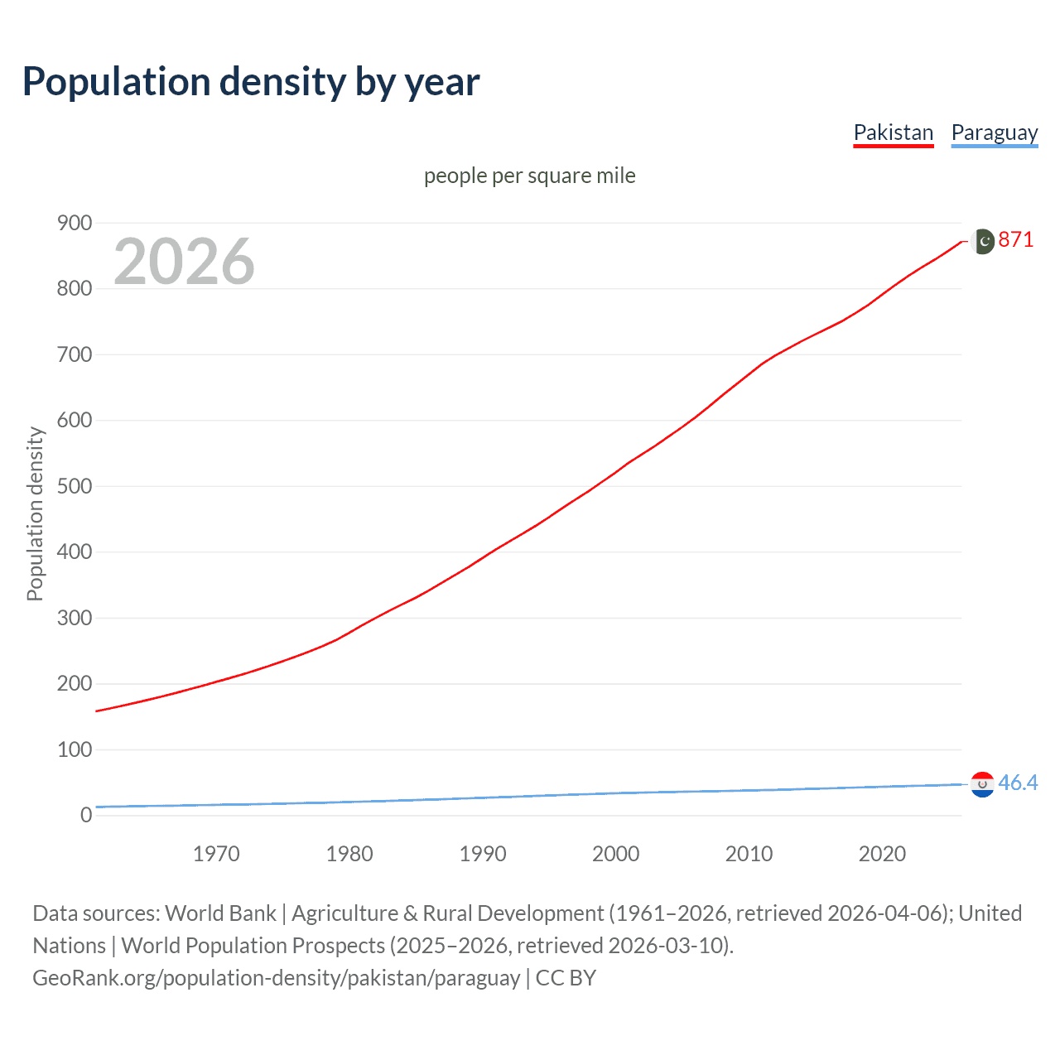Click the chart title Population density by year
(x=251, y=82)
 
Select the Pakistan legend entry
(x=893, y=132)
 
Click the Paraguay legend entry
(x=994, y=132)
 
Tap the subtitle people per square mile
(x=529, y=176)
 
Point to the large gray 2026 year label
(x=184, y=262)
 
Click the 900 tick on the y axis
(x=75, y=223)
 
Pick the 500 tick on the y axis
(x=75, y=486)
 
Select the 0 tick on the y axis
(x=86, y=815)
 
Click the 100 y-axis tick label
(x=75, y=749)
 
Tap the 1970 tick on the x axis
(x=216, y=854)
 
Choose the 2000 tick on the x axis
(x=615, y=854)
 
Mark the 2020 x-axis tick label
(x=882, y=854)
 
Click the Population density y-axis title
(x=35, y=513)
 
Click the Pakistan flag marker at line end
(x=982, y=241)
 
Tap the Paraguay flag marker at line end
(x=982, y=784)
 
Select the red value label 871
(x=1016, y=240)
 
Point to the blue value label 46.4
(x=1018, y=783)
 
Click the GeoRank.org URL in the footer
(x=276, y=978)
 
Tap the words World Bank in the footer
(x=220, y=913)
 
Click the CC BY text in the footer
(x=566, y=978)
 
